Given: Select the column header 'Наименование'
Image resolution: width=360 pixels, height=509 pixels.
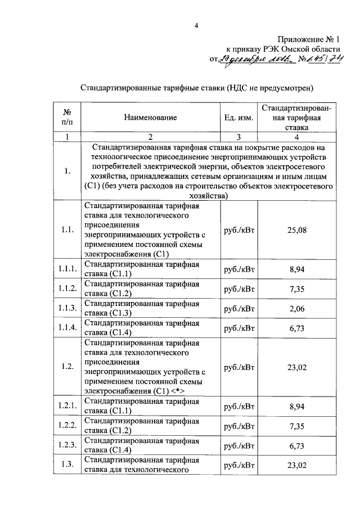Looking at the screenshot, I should (x=151, y=118).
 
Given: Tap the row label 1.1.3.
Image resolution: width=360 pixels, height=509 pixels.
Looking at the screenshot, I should (x=67, y=308).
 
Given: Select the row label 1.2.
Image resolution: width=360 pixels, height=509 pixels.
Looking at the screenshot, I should (x=67, y=367).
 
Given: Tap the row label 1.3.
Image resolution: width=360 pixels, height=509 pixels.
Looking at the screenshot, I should (x=67, y=465).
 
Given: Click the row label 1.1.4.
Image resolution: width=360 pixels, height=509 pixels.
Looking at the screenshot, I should (x=67, y=328).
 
